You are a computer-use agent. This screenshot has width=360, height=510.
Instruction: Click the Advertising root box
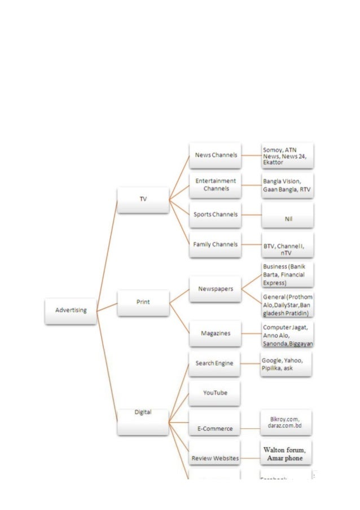click(71, 310)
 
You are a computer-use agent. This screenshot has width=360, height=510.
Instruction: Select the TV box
click(143, 200)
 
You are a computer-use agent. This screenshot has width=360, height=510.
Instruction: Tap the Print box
click(143, 302)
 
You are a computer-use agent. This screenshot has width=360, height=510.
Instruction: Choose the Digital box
click(143, 420)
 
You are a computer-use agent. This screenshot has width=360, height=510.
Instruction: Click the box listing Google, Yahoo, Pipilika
click(286, 364)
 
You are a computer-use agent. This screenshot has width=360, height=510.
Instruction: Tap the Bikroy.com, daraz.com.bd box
click(286, 423)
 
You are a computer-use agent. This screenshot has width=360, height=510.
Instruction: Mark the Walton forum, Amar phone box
click(286, 453)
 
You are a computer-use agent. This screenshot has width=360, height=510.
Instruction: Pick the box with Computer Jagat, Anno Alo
click(288, 335)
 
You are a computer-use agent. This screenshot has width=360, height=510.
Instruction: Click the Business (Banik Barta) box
click(287, 275)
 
